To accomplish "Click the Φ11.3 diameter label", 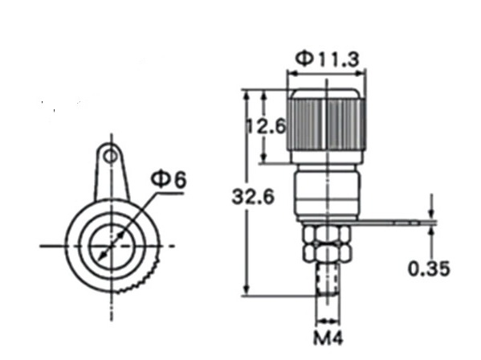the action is [x=327, y=59].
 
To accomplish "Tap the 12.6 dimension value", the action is [x=267, y=126].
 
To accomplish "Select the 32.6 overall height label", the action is [x=253, y=197].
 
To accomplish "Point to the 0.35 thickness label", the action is [x=429, y=269].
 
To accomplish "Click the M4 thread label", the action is [x=328, y=338].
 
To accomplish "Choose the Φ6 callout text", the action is [x=169, y=179].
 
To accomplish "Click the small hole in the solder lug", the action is [x=111, y=157].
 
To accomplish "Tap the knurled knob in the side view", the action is [x=327, y=125].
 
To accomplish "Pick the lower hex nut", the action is [x=327, y=253].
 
